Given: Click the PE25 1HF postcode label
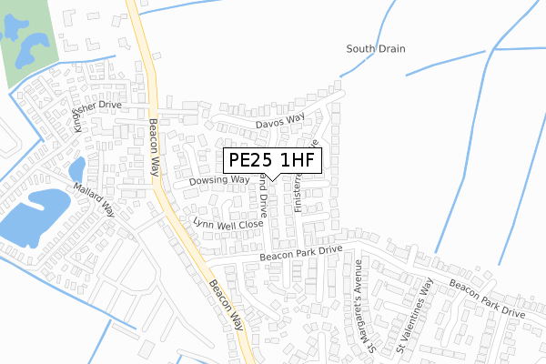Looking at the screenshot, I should (x=272, y=161).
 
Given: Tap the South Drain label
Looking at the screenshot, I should (x=376, y=48).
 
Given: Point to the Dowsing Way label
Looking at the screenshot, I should (x=219, y=181).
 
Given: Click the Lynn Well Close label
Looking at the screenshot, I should (x=227, y=223).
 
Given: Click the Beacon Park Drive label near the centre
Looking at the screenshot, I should (x=300, y=253).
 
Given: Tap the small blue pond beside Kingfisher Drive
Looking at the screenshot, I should (x=76, y=168).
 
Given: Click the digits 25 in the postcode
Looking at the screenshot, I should (x=263, y=161).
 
